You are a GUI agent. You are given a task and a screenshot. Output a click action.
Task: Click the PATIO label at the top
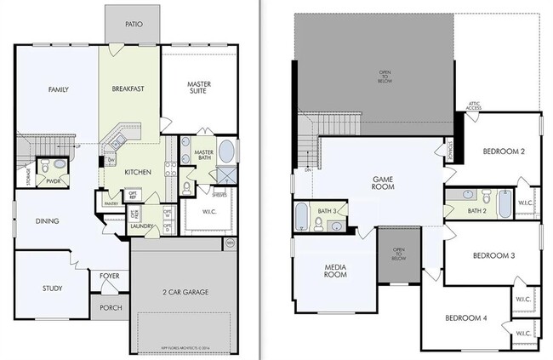pyautogui.click(x=133, y=25)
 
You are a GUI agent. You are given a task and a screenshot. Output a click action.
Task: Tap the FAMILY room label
pyautogui.click(x=58, y=89)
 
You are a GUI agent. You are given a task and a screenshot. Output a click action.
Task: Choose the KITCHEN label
pyautogui.click(x=138, y=172)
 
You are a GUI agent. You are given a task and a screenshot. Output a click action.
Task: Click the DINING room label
pyautogui.click(x=47, y=221)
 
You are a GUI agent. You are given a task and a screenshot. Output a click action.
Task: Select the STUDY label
pyautogui.click(x=52, y=289)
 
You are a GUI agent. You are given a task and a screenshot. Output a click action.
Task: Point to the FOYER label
pyautogui.click(x=110, y=276)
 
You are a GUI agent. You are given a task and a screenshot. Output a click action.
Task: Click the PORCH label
pyautogui.click(x=111, y=307)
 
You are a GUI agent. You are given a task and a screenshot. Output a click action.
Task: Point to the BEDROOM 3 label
pyautogui.click(x=494, y=255)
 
